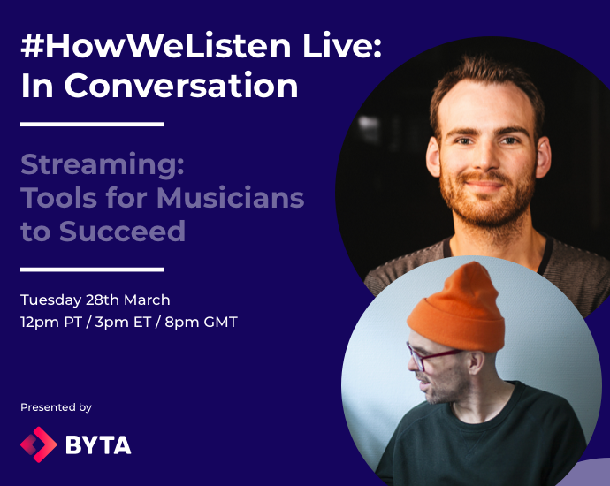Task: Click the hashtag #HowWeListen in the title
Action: click(156, 46)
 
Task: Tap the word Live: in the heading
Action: click(342, 46)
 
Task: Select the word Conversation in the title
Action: click(181, 85)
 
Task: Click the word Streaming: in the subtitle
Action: click(103, 165)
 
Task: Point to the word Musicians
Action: click(231, 198)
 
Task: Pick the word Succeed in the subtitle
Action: click(122, 232)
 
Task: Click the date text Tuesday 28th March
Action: click(95, 300)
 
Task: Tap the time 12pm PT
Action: click(51, 322)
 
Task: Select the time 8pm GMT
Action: click(202, 322)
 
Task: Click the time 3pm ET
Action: click(123, 322)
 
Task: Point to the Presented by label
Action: click(56, 407)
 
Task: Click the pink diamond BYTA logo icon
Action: click(39, 444)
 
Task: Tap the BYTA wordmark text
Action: click(98, 444)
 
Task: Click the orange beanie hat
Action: click(458, 308)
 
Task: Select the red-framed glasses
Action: click(431, 356)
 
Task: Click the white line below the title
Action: click(92, 125)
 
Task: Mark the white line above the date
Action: click(92, 269)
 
